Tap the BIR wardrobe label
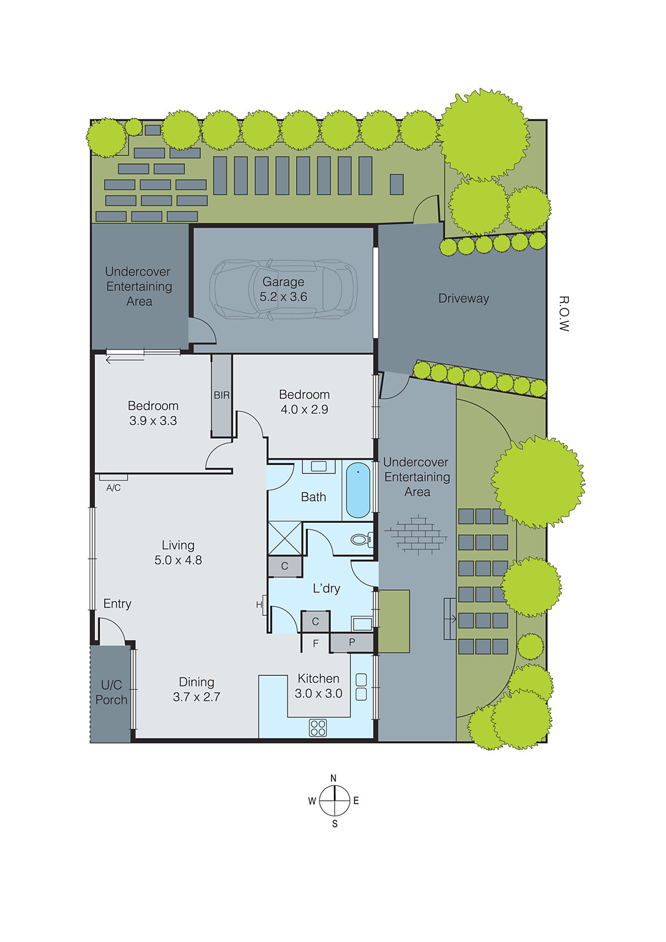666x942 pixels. [221, 395]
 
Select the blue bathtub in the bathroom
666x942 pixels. [358, 490]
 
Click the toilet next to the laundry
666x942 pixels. [360, 539]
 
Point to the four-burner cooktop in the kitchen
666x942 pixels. [318, 728]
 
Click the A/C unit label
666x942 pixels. [114, 487]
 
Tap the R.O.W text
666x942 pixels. [564, 314]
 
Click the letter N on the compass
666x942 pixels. [333, 778]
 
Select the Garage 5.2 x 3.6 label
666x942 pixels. [283, 289]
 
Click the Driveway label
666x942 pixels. [463, 298]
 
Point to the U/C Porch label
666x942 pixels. [111, 692]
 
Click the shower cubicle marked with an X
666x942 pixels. [285, 538]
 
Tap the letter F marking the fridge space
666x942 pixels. [316, 644]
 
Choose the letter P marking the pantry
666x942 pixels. [352, 642]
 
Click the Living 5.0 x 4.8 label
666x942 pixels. [178, 553]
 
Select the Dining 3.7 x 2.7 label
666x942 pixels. [197, 689]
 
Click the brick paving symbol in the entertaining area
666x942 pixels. [416, 534]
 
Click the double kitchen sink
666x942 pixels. [361, 687]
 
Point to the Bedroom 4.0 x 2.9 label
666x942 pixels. [304, 402]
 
